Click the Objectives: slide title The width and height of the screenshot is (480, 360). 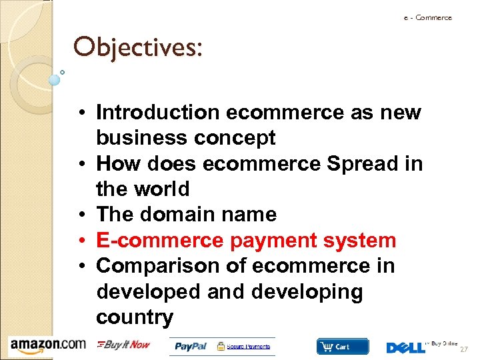pyautogui.click(x=137, y=47)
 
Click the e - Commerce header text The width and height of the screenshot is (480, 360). pyautogui.click(x=427, y=18)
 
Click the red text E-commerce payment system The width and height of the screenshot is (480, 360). pyautogui.click(x=246, y=240)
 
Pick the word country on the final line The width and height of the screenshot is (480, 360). pyautogui.click(x=134, y=317)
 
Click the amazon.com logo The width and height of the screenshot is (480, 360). pyautogui.click(x=47, y=345)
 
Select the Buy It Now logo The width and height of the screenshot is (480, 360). pyautogui.click(x=123, y=345)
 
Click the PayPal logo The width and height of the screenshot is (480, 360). pyautogui.click(x=192, y=347)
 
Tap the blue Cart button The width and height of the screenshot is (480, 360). pyautogui.click(x=342, y=347)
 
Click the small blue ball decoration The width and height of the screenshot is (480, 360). pyautogui.click(x=55, y=80)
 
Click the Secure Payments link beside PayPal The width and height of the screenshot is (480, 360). pyautogui.click(x=249, y=347)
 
